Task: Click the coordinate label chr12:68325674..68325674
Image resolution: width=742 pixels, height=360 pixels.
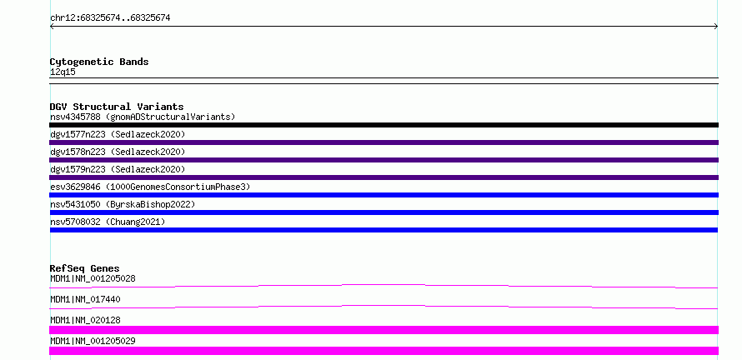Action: pyautogui.click(x=110, y=18)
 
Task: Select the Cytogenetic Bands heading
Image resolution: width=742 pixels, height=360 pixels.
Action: pyautogui.click(x=99, y=62)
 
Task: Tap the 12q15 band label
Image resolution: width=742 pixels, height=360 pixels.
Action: pyautogui.click(x=63, y=72)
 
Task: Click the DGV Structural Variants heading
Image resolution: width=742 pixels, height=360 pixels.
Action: pyautogui.click(x=117, y=107)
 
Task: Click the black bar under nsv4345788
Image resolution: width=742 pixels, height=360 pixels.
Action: pyautogui.click(x=384, y=125)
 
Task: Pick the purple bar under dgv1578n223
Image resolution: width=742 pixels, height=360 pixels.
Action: pyautogui.click(x=384, y=160)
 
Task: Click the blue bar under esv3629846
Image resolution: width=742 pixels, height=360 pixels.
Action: pyautogui.click(x=384, y=195)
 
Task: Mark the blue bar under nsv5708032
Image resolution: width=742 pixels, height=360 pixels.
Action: pyautogui.click(x=384, y=230)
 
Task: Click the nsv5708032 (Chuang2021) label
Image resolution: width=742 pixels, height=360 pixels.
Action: pyautogui.click(x=108, y=222)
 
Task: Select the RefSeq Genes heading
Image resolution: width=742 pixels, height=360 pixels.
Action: pyautogui.click(x=85, y=268)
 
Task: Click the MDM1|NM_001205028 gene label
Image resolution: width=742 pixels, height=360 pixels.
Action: pyautogui.click(x=93, y=278)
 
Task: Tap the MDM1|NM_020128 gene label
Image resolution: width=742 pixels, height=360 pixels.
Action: pyautogui.click(x=85, y=320)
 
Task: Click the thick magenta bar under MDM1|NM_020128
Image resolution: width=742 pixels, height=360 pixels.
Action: pyautogui.click(x=384, y=330)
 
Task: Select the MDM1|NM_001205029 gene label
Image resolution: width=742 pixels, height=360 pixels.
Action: pyautogui.click(x=93, y=341)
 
